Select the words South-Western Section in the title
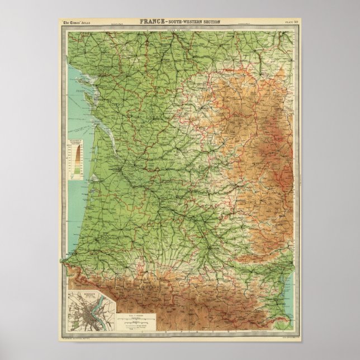click(x=194, y=22)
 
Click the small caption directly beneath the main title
click(x=179, y=27)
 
